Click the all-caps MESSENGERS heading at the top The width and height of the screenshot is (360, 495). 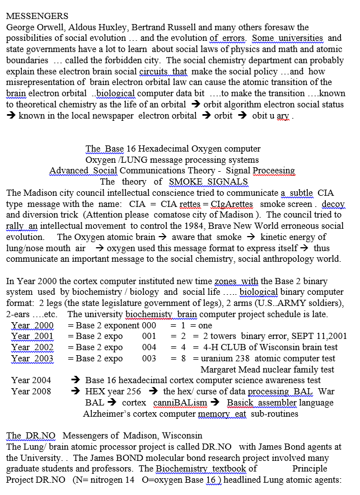[x=37, y=16]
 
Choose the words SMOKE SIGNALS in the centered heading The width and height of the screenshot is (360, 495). [x=209, y=181]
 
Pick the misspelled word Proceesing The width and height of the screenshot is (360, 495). [x=273, y=171]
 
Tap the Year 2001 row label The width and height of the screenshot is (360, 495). [x=32, y=336]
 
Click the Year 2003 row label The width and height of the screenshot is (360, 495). [x=32, y=359]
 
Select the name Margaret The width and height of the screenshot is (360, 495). [x=220, y=370]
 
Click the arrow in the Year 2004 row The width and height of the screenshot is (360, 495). [x=77, y=380]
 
